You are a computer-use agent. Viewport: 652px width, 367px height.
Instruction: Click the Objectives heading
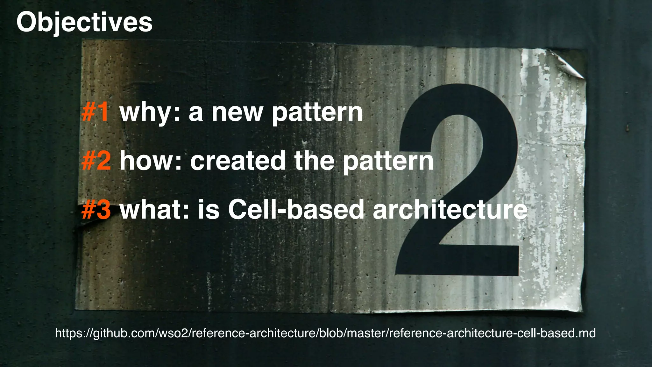84,22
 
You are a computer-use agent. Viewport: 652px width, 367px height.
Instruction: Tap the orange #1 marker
96,112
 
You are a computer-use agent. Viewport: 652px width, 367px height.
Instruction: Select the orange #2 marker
96,161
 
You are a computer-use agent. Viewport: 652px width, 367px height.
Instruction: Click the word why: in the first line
150,113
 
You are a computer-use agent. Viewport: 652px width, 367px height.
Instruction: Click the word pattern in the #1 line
317,113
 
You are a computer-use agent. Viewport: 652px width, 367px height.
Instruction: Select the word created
238,161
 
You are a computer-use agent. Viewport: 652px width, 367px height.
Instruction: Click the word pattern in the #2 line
388,162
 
